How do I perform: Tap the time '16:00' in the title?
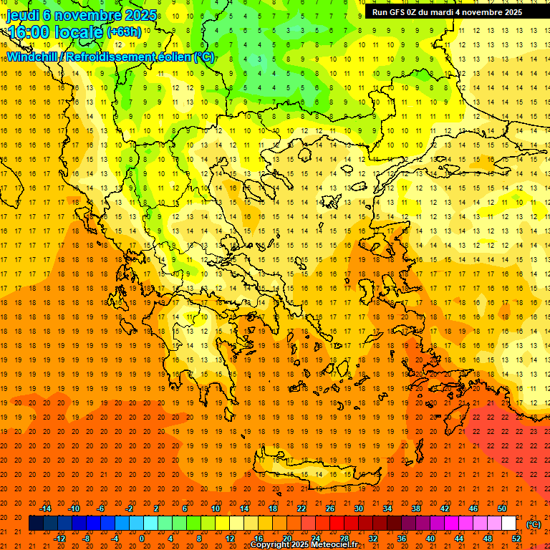point(32,32)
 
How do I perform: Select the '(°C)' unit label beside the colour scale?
point(533,524)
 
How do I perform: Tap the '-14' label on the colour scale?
point(46,508)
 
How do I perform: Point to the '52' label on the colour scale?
point(516,538)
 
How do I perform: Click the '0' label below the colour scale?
point(142,538)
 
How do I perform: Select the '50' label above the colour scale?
point(502,508)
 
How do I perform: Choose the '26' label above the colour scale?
point(330,508)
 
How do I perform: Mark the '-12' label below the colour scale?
point(59,538)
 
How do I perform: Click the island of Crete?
point(315,473)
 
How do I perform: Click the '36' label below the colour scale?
point(402,538)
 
